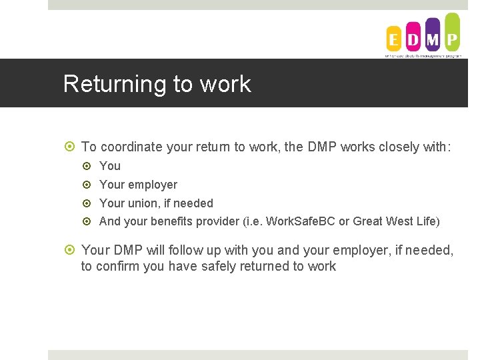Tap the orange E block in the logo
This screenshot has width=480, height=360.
pos(394,40)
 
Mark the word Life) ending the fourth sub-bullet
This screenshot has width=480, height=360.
pos(427,221)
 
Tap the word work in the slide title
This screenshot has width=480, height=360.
pos(225,85)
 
